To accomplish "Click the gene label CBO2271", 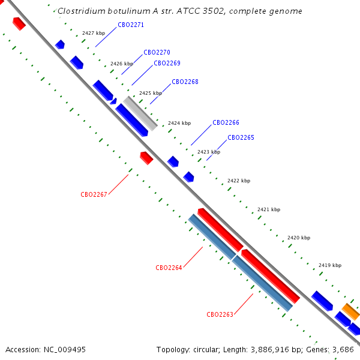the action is point(131,25).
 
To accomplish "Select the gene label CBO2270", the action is point(157,52).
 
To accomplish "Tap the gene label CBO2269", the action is point(167,63).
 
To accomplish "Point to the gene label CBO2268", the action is point(185,82).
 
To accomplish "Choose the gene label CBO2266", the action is point(226,122).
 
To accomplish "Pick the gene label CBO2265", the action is point(241,137).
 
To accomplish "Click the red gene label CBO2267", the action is point(94,194).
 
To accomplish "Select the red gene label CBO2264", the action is point(169,268).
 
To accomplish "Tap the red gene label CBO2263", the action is point(220,314).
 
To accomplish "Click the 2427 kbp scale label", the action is point(94,33).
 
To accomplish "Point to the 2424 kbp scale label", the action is point(179,123).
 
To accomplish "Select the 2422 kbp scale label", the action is point(239,181).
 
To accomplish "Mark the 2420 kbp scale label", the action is point(299,238).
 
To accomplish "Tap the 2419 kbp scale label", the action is point(330,265).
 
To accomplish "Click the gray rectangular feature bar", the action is point(140,113).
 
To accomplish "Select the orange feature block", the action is point(351,311).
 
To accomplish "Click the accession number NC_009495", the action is point(65,350).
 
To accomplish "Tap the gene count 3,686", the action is point(343,350).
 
